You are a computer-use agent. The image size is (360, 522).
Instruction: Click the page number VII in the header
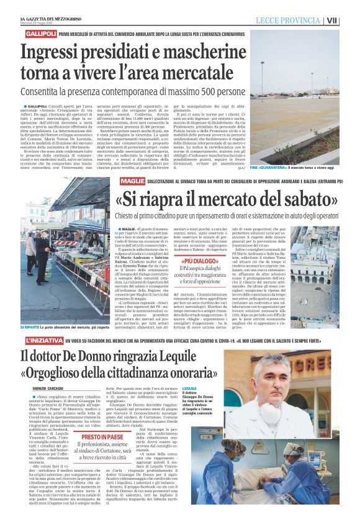click(350, 20)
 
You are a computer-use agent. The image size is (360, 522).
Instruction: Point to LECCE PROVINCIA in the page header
click(290, 20)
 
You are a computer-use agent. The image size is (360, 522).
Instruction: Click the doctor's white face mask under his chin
click(272, 413)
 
